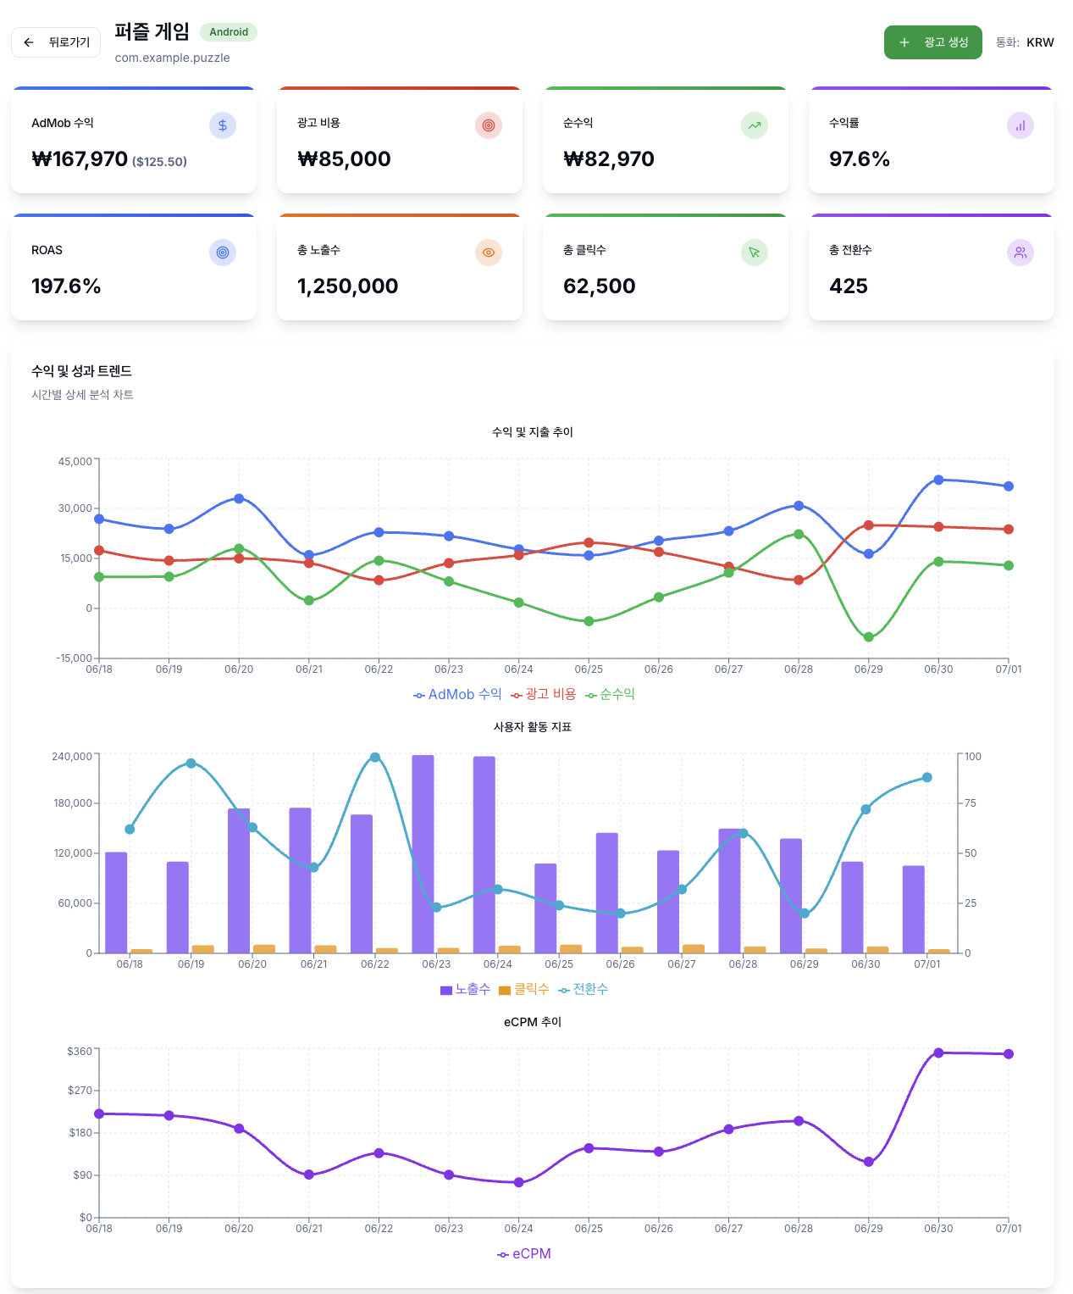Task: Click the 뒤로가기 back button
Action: (x=56, y=42)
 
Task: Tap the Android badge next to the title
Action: (x=229, y=32)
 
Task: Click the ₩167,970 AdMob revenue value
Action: (x=80, y=159)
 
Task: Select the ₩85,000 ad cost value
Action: (x=345, y=159)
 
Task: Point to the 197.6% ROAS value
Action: (x=66, y=286)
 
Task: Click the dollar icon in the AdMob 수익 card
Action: (x=223, y=125)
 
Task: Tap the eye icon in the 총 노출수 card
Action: (x=489, y=253)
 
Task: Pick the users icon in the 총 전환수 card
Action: (x=1020, y=253)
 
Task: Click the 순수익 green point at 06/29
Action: (x=868, y=637)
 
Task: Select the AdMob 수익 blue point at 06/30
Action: (x=938, y=480)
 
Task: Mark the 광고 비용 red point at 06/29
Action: (x=868, y=525)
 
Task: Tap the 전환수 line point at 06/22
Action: (x=375, y=758)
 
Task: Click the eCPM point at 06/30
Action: (x=938, y=1053)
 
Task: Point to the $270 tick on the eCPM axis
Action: (x=80, y=1091)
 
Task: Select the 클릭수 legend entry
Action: (x=524, y=990)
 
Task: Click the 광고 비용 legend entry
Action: (x=544, y=695)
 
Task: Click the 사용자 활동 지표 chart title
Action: (x=532, y=727)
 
